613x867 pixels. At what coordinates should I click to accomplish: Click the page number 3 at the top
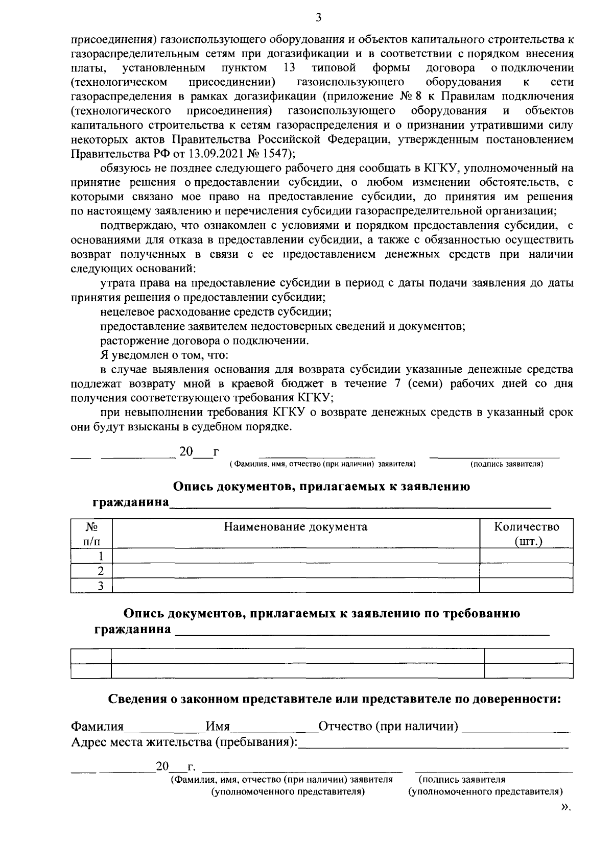[x=318, y=18]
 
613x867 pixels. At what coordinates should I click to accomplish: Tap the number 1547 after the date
[x=269, y=153]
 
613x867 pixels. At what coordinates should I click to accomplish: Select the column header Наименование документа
[x=295, y=527]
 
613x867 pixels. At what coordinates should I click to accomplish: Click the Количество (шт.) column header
[x=526, y=534]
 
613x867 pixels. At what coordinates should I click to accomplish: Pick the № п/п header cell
[x=91, y=534]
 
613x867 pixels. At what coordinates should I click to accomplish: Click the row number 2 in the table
[x=101, y=570]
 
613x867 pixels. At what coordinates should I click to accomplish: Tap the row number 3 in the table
[x=101, y=585]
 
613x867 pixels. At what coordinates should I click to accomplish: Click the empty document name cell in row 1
[x=295, y=556]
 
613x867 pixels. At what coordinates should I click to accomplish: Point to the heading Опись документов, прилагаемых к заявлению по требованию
[x=322, y=614]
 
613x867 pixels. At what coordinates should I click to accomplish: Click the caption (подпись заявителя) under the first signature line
[x=506, y=464]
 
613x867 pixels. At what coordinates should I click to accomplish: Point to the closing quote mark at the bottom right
[x=565, y=807]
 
